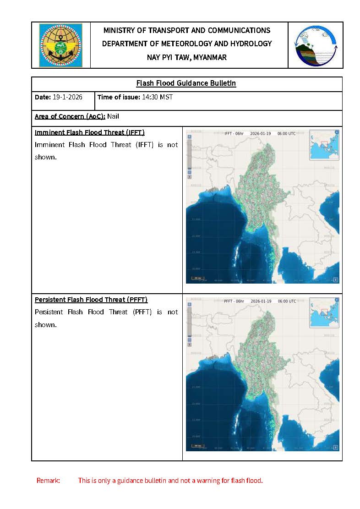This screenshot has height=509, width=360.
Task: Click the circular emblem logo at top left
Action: click(60, 45)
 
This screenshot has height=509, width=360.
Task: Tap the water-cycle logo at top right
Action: click(316, 45)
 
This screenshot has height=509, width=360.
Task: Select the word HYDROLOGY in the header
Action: click(252, 44)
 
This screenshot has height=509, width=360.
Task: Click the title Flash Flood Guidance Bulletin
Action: click(186, 83)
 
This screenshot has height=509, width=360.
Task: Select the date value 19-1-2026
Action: click(68, 97)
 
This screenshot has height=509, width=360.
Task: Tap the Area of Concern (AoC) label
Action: click(70, 116)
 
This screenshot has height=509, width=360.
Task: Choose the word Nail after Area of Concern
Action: click(113, 116)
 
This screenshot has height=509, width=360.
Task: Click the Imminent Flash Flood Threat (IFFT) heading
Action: click(90, 132)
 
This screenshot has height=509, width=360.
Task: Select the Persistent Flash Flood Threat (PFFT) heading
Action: click(91, 300)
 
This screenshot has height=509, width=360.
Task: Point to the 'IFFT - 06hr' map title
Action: click(234, 134)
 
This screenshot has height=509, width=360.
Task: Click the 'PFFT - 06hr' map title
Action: click(234, 301)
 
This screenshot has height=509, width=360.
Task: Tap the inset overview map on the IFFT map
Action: click(324, 145)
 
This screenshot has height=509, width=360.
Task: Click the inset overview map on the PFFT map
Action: click(324, 312)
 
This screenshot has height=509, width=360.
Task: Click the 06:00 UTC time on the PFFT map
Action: click(286, 301)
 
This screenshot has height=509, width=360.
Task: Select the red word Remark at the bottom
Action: click(48, 481)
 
